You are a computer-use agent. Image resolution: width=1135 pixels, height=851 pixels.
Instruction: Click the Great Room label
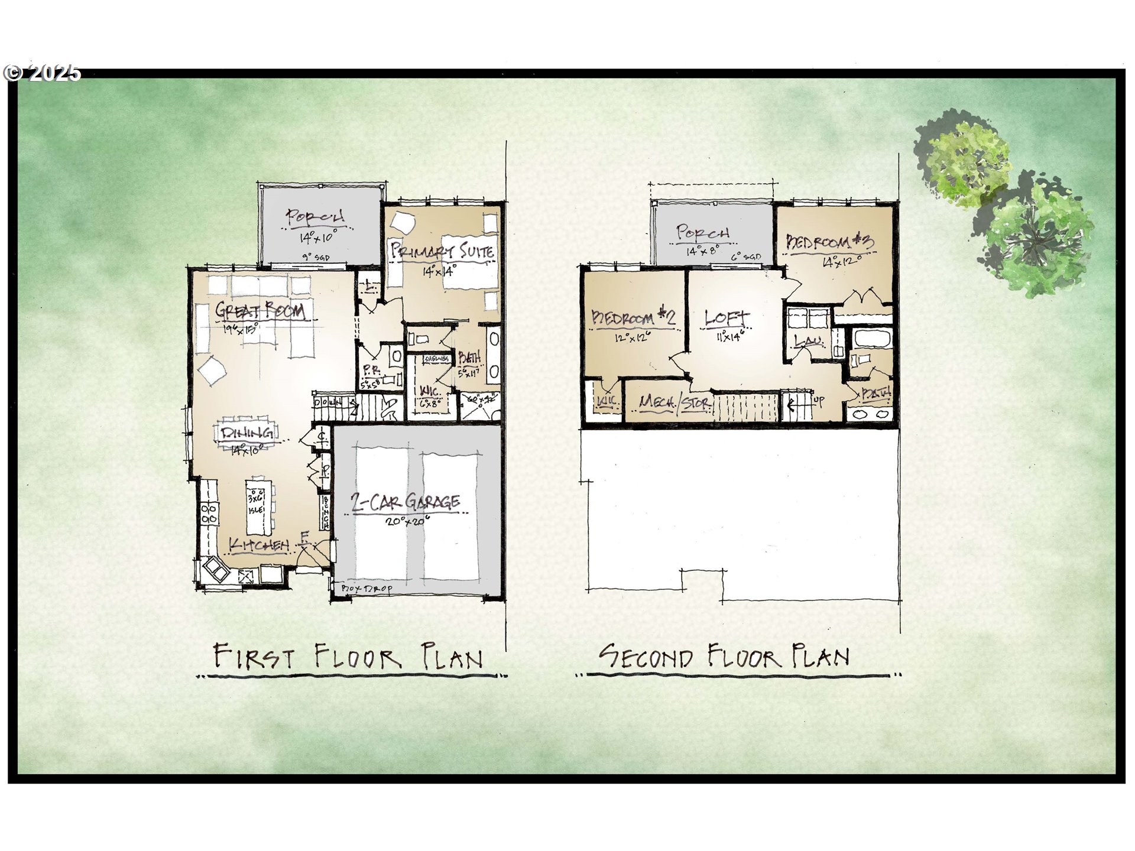(x=260, y=310)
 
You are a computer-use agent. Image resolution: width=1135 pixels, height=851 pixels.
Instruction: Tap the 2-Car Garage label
(x=406, y=502)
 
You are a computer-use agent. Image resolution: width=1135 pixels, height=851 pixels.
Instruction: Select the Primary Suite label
(x=442, y=251)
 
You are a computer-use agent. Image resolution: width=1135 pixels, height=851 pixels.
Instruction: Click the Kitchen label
(x=259, y=545)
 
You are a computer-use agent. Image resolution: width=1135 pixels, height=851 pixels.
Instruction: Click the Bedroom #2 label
(x=633, y=318)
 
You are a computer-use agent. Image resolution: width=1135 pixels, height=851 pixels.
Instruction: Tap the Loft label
(x=726, y=319)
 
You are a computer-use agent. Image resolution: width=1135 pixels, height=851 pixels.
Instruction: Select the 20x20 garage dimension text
(x=407, y=522)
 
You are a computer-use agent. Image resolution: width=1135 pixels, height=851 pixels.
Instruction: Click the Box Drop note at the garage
(x=367, y=589)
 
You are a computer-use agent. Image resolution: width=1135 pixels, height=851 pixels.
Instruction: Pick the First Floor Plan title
(x=348, y=657)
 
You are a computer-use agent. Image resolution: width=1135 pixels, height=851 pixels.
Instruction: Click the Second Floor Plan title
(x=725, y=657)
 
